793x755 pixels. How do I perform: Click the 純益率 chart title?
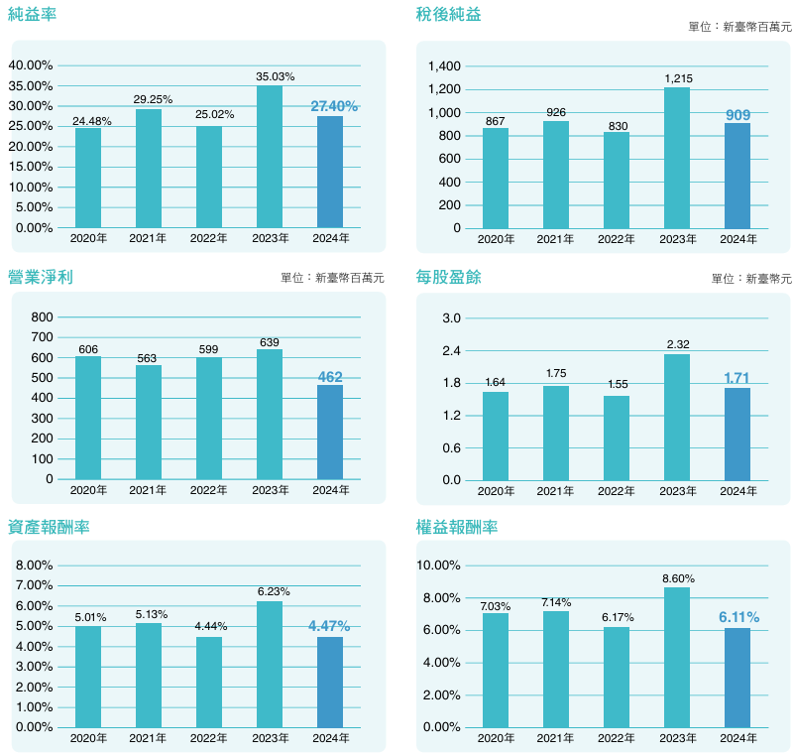click(31, 14)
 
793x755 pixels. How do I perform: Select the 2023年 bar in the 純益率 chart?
click(270, 157)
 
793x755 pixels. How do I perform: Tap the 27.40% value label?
click(334, 105)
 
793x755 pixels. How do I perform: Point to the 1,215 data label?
click(677, 77)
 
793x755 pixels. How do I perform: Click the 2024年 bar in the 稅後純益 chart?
click(737, 176)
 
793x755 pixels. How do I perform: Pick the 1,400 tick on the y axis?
click(445, 66)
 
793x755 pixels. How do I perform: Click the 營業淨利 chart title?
click(40, 278)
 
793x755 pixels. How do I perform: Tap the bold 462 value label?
click(330, 377)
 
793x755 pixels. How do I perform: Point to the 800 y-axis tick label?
click(43, 317)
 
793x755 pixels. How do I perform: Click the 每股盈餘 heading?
click(448, 278)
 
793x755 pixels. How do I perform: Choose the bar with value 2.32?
click(677, 417)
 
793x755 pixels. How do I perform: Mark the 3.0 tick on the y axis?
click(452, 317)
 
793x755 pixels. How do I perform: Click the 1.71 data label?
click(737, 378)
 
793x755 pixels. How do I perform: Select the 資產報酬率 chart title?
click(49, 527)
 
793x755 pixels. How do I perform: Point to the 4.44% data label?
click(209, 627)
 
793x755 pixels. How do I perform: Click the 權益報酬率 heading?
click(457, 527)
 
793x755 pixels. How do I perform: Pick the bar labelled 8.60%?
click(677, 657)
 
